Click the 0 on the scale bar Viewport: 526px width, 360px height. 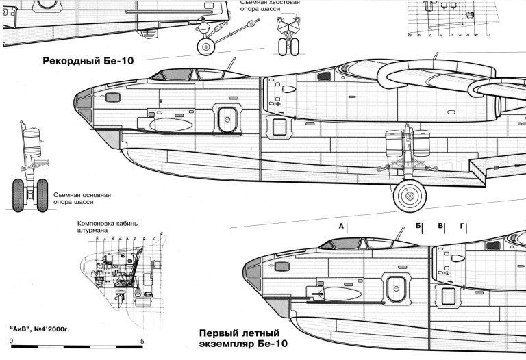tap(12, 342)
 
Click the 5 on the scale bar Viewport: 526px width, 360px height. tap(141, 342)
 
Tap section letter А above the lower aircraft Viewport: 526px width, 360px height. tap(340, 225)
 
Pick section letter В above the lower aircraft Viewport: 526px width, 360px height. tap(441, 225)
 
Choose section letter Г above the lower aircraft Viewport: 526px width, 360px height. tap(462, 225)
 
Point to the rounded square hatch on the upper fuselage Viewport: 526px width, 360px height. tap(224, 118)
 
